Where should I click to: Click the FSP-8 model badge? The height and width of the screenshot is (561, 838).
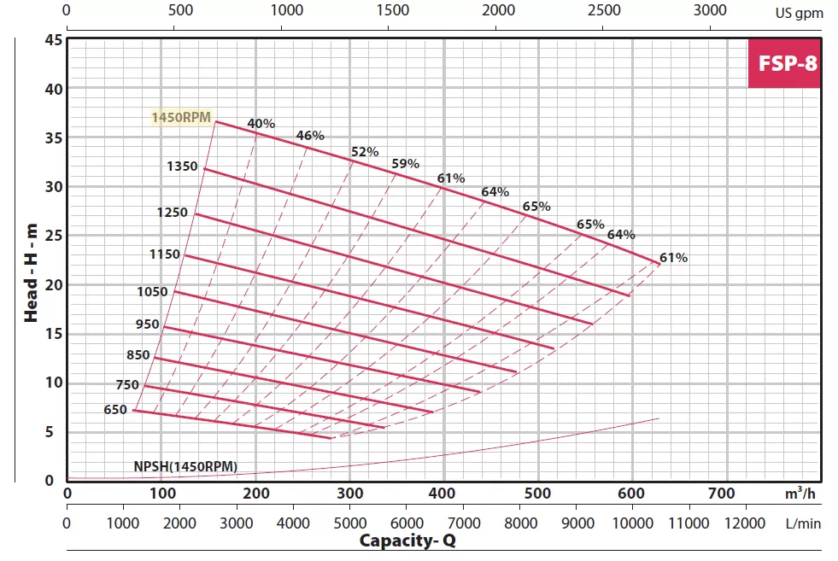pos(783,63)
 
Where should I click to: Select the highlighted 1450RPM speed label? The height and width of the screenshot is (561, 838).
pos(181,118)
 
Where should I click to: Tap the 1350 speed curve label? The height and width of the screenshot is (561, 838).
pos(183,166)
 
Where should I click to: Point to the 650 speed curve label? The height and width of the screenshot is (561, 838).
pos(115,409)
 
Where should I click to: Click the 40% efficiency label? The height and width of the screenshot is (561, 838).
pos(261,124)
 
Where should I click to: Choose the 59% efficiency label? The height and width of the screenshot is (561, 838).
pos(405,163)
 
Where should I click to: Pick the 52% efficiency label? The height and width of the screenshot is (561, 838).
pos(365,152)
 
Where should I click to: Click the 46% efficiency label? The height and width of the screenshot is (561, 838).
pos(310,135)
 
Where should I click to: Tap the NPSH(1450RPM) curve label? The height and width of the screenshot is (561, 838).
pos(185,466)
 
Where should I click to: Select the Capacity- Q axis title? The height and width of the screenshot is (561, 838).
pos(407,541)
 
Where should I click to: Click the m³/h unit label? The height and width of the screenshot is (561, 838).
pos(800,493)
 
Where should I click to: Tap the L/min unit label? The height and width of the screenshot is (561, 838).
pos(802,522)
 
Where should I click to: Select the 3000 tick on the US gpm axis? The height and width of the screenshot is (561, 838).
pos(710,10)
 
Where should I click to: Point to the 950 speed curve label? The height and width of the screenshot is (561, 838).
pos(147,324)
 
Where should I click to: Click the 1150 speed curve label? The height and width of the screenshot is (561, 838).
pos(164,254)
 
